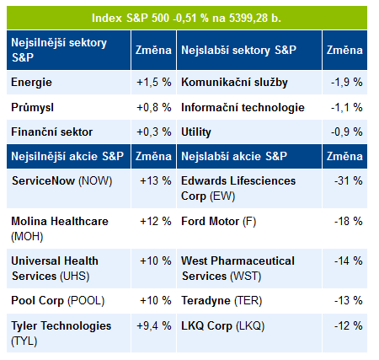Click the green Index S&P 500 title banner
click(x=187, y=18)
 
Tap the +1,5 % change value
click(x=154, y=83)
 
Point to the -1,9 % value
click(x=347, y=83)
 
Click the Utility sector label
click(x=196, y=132)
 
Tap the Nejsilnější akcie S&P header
click(x=67, y=156)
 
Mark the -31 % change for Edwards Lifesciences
click(x=349, y=180)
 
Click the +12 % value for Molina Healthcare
click(x=156, y=221)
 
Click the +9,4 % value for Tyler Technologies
click(x=154, y=326)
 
